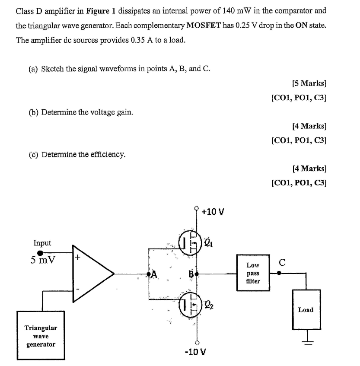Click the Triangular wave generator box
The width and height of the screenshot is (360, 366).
tap(41, 336)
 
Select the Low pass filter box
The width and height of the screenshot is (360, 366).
tap(253, 273)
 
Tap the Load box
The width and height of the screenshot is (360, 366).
tap(306, 309)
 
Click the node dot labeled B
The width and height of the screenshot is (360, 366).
tap(197, 274)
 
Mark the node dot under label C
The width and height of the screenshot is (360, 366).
tap(279, 273)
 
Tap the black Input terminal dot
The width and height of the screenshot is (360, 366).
tap(40, 253)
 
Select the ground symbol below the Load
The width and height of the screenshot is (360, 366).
tap(306, 341)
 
